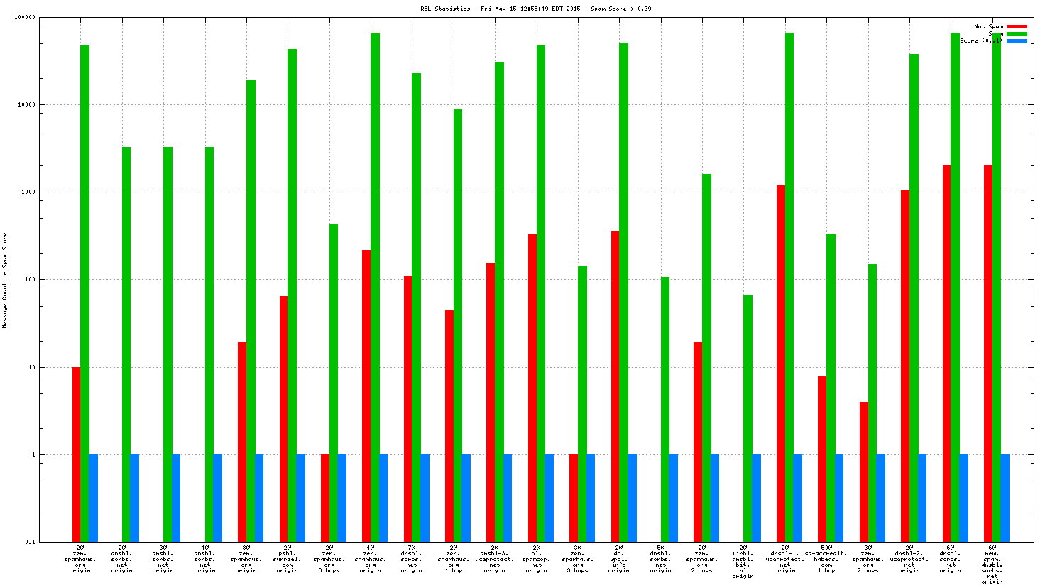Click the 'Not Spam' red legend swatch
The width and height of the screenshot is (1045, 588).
click(x=1017, y=26)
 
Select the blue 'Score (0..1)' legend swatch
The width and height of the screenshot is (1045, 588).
click(x=1017, y=40)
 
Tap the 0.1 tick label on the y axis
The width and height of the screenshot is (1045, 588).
click(x=30, y=542)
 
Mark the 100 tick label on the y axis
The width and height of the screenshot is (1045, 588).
click(x=28, y=280)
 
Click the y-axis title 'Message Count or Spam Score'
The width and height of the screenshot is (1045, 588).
click(x=5, y=280)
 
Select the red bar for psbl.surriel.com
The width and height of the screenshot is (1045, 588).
click(x=284, y=419)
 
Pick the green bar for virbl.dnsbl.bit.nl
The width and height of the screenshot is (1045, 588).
click(x=748, y=419)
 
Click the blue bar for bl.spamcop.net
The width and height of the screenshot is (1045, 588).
click(x=549, y=498)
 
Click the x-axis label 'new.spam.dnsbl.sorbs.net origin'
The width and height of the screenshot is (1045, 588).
click(x=992, y=565)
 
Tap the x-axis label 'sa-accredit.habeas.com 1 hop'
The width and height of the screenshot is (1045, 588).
click(x=826, y=559)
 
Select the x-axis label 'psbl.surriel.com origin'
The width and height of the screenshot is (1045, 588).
click(x=288, y=559)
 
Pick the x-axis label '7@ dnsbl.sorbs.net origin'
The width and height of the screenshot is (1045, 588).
click(x=412, y=559)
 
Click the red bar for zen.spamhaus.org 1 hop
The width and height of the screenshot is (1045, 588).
click(x=449, y=426)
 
